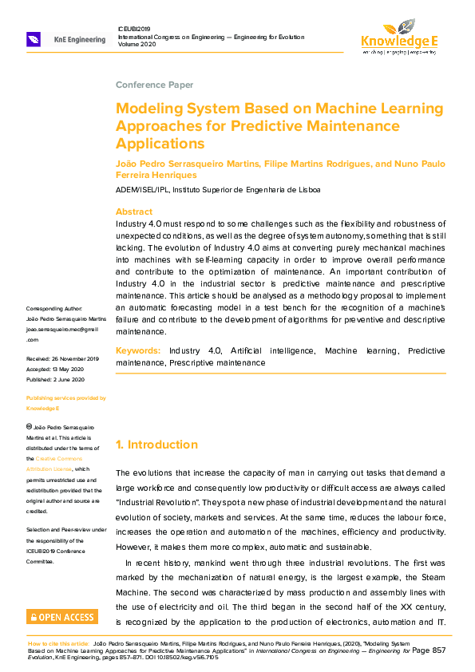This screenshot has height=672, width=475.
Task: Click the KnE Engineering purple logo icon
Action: pyautogui.click(x=34, y=38)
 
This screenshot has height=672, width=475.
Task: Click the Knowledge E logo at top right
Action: pyautogui.click(x=398, y=34)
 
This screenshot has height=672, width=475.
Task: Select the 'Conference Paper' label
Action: pyautogui.click(x=154, y=85)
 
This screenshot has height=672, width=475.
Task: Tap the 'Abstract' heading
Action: pyautogui.click(x=134, y=211)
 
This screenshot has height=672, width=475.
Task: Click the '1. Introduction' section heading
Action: pyautogui.click(x=156, y=445)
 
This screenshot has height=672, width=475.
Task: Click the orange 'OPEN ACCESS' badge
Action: pyautogui.click(x=62, y=616)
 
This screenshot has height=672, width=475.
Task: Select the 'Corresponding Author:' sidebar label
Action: pyautogui.click(x=61, y=309)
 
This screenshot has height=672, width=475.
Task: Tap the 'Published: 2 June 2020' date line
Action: pyautogui.click(x=61, y=379)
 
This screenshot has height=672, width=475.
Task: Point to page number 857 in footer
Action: pyautogui.click(x=437, y=650)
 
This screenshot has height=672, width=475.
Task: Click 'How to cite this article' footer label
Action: pyautogui.click(x=57, y=642)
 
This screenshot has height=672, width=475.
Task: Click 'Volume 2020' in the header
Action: pyautogui.click(x=138, y=45)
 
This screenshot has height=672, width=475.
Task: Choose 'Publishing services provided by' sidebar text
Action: pyautogui.click(x=65, y=397)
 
